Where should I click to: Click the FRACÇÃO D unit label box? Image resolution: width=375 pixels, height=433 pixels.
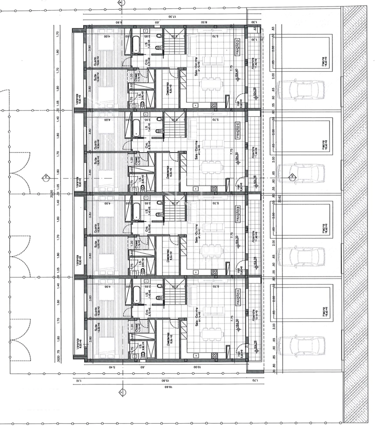[x=238, y=47]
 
